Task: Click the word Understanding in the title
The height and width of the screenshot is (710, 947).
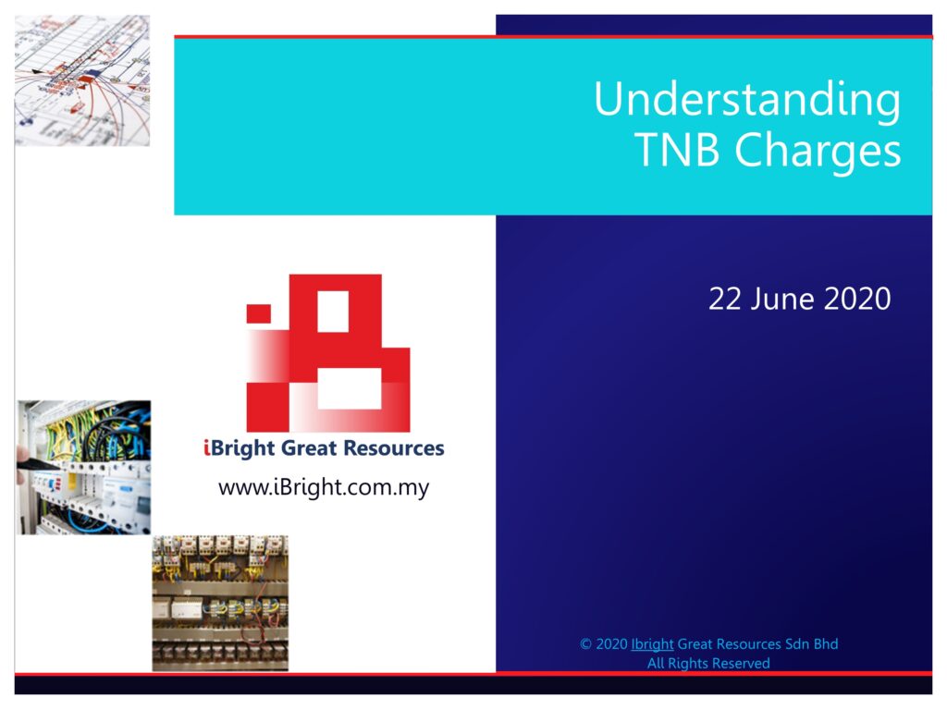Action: [747, 100]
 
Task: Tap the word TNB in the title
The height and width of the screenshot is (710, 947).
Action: [677, 149]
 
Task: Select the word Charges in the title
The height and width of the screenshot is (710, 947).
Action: [818, 152]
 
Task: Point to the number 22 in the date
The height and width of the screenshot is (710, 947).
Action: [725, 299]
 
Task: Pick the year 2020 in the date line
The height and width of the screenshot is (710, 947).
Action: [857, 299]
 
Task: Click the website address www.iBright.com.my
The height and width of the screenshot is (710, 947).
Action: [324, 487]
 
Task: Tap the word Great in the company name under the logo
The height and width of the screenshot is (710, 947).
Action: [309, 448]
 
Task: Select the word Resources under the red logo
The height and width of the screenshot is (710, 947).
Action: [394, 448]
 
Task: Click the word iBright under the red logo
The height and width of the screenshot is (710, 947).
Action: [240, 449]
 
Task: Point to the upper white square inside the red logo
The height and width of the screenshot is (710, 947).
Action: [333, 312]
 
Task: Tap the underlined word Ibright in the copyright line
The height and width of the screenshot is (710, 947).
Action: [652, 644]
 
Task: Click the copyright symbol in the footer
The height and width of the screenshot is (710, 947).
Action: [585, 644]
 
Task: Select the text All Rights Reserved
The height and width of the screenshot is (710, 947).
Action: [708, 663]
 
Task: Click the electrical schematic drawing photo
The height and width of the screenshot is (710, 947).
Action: [82, 80]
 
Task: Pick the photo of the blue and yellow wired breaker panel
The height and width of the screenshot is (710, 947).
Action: [83, 467]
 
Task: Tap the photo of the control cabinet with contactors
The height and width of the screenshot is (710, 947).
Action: [220, 603]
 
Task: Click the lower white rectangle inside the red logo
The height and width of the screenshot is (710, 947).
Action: [349, 389]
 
